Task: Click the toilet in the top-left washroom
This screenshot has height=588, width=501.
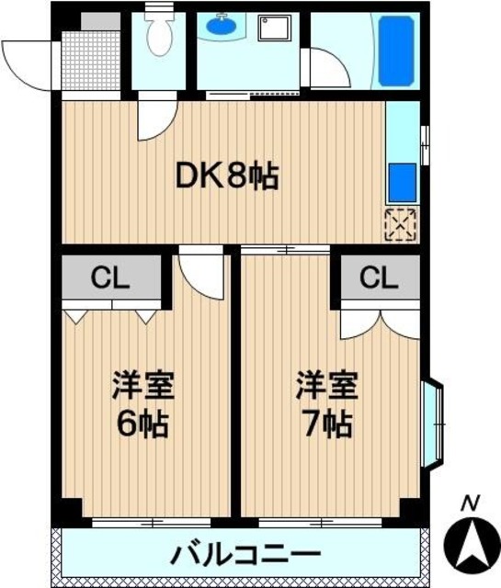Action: tap(160, 32)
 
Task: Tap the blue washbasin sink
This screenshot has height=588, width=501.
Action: tap(222, 25)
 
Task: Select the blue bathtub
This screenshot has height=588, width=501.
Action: tap(396, 51)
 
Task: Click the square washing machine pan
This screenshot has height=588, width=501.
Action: tap(275, 28)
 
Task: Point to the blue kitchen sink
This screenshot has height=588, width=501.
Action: tap(403, 183)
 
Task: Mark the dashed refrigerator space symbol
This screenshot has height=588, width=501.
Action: tap(401, 224)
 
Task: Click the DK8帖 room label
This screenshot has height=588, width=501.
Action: tap(227, 176)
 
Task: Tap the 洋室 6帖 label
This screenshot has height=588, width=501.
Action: tap(143, 404)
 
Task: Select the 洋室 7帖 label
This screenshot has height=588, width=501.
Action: tap(327, 404)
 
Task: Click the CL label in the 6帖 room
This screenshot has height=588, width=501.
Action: tap(110, 277)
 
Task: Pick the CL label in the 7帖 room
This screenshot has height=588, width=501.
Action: tap(379, 277)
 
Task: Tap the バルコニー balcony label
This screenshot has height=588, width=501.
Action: tap(245, 555)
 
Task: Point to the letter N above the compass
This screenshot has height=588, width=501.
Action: tap(471, 503)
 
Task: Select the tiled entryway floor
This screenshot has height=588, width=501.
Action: tap(90, 61)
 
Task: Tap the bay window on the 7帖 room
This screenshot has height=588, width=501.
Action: tap(433, 424)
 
